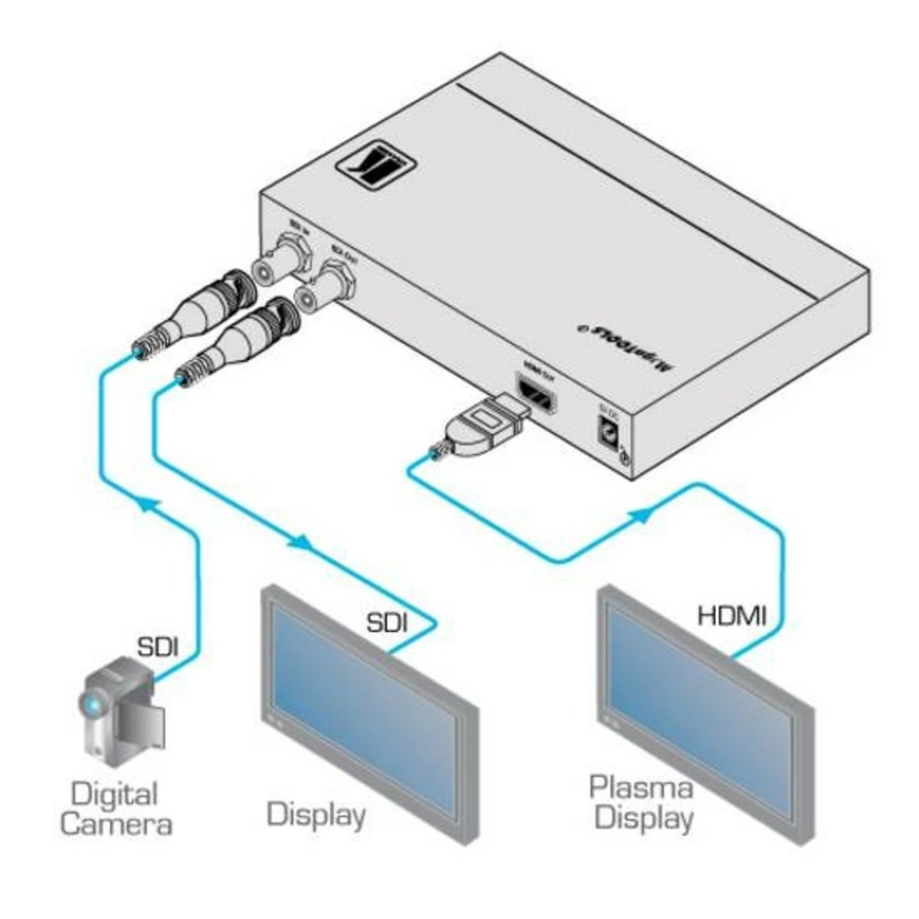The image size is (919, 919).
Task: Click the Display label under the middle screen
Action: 316,812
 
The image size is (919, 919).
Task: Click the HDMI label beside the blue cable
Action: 732,614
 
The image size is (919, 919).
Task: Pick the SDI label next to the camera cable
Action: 158,644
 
